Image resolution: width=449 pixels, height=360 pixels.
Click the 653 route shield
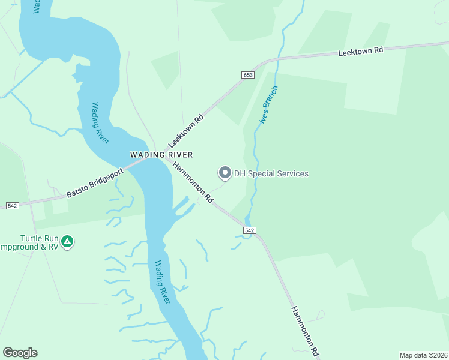(x=249, y=75)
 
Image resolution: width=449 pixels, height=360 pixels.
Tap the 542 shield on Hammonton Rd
(x=250, y=230)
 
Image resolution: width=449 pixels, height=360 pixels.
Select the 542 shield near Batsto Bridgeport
(x=12, y=206)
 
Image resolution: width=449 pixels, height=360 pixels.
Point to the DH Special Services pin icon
(x=225, y=173)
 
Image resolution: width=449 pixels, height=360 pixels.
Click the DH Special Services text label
(x=271, y=174)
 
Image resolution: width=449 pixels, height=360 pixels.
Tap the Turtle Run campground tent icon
(x=68, y=242)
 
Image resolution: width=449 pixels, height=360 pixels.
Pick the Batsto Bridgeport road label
(x=94, y=183)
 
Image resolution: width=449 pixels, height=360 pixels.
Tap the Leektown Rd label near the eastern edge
(x=360, y=52)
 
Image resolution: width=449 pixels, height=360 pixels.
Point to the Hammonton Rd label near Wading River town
(x=193, y=182)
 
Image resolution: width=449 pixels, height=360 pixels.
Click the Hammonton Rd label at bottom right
(x=304, y=331)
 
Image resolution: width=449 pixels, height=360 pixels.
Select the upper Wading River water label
(x=100, y=123)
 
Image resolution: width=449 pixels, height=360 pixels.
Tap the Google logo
(x=20, y=353)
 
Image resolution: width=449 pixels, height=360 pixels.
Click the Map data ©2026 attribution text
(x=423, y=355)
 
